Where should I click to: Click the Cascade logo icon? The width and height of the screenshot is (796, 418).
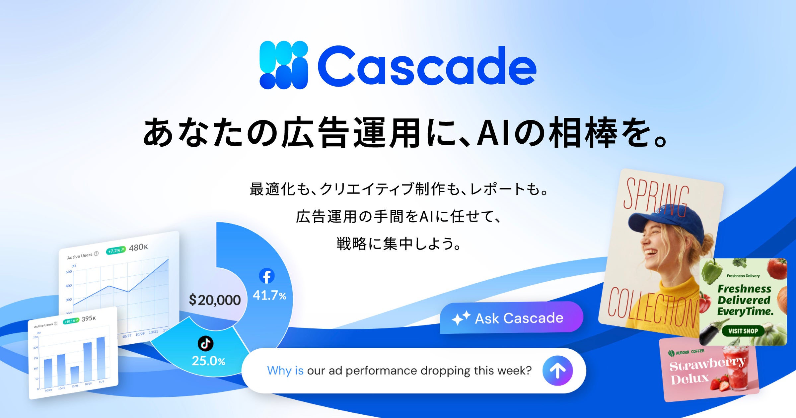tap(284, 65)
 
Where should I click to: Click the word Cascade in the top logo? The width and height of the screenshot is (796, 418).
tap(427, 66)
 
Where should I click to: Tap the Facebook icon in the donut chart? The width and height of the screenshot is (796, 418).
tap(266, 276)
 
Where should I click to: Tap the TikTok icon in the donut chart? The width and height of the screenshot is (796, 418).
tap(205, 343)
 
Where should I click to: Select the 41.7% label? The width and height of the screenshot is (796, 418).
tap(269, 295)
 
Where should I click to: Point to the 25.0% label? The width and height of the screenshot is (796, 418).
tap(208, 361)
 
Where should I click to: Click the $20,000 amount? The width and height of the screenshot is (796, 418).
tap(215, 300)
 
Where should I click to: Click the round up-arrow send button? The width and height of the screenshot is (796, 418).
tap(557, 371)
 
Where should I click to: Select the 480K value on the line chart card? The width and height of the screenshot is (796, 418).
tap(138, 247)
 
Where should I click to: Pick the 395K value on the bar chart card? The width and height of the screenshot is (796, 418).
tap(89, 318)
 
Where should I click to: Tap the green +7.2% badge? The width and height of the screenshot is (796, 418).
tap(116, 250)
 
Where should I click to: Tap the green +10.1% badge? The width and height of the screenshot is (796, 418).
tap(71, 321)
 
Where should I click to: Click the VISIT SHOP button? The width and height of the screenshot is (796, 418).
tap(743, 331)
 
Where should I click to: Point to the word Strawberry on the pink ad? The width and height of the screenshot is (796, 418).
tap(707, 364)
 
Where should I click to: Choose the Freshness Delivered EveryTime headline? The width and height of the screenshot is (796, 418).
tap(745, 300)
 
